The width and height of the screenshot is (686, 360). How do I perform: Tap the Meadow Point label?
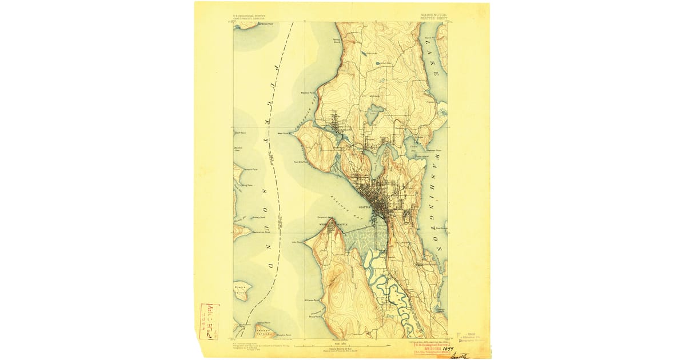309,92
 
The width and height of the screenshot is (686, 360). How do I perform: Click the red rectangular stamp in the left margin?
209,322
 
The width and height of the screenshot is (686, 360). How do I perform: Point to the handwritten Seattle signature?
458,356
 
